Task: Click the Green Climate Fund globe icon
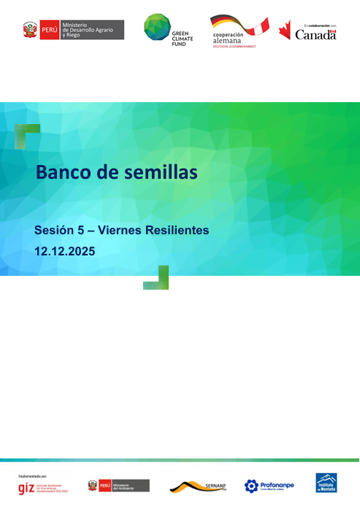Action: click(156, 27)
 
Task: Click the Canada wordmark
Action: click(315, 34)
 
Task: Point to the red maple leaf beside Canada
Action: click(285, 31)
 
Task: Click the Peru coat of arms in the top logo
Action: click(31, 30)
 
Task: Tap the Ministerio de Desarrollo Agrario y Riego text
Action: click(93, 30)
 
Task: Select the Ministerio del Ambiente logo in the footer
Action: click(118, 485)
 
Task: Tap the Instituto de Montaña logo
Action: click(326, 483)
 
